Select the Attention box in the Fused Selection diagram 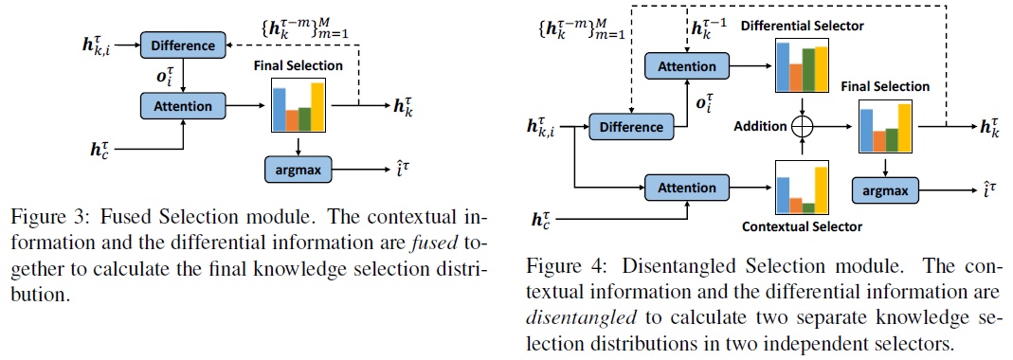[x=182, y=105]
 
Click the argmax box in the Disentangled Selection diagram [x=885, y=191]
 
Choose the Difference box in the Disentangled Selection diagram [x=631, y=126]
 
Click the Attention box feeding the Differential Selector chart [x=687, y=65]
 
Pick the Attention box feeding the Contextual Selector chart [x=687, y=185]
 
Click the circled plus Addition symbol [x=803, y=125]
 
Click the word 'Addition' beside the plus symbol [x=761, y=125]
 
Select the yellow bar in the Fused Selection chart [x=317, y=108]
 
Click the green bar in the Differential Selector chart [x=807, y=69]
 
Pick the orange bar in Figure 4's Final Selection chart [x=878, y=141]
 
